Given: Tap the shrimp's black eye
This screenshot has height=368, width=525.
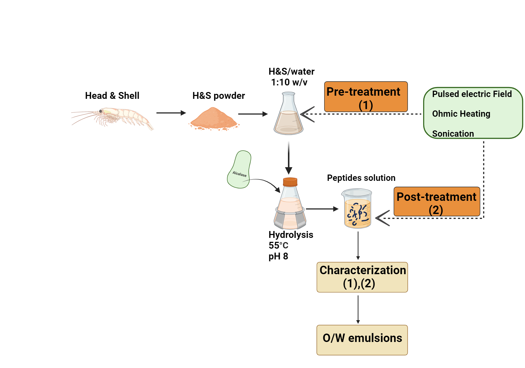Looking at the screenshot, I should tap(101, 111).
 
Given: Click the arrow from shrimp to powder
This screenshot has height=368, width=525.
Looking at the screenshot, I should tap(171, 113).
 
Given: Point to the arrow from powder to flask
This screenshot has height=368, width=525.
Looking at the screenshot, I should tap(253, 114).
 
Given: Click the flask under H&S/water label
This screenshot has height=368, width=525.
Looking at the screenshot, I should tap(288, 116).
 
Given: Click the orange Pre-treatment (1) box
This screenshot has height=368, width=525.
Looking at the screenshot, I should tap(366, 97).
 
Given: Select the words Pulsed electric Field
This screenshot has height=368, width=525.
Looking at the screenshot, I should tap(472, 94).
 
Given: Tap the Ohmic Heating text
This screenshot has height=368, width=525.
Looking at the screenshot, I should tap(461, 114).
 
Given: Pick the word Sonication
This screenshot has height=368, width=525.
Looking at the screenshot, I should tap(453, 134).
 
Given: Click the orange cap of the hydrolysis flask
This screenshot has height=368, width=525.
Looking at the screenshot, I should tap(290, 182).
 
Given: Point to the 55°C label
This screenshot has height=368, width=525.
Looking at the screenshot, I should tap(278, 246).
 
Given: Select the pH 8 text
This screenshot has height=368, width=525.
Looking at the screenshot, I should tap(278, 256).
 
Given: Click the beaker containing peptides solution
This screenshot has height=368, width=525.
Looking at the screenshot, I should tap(357, 209).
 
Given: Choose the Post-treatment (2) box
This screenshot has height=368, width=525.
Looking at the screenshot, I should tap(437, 202).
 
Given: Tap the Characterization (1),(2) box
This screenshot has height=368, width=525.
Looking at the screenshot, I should tap(362, 277).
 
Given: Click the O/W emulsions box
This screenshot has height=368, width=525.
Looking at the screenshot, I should tap(362, 340).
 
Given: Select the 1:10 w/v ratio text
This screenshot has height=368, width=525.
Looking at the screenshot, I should tap(289, 83).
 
